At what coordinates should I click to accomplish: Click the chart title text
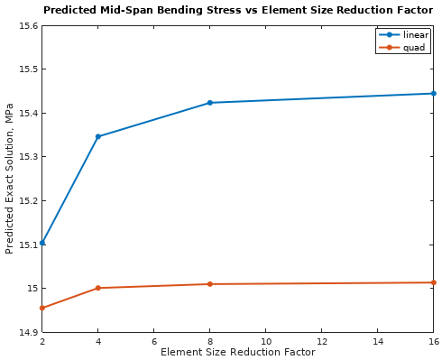[238, 11]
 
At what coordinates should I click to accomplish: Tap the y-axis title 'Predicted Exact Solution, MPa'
[10, 179]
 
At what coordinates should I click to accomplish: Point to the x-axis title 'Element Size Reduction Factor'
[238, 352]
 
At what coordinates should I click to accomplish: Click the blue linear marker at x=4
[98, 136]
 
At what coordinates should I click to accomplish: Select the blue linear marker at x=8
[210, 103]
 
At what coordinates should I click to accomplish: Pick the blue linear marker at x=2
[42, 243]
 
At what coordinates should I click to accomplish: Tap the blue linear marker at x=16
[433, 93]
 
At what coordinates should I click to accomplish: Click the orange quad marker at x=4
[98, 288]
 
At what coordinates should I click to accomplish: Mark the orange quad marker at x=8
[210, 284]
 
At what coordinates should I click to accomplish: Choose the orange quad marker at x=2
[42, 308]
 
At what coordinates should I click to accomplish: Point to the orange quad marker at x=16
[433, 282]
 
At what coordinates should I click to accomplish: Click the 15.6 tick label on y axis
[27, 25]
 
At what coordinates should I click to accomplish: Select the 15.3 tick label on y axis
[27, 157]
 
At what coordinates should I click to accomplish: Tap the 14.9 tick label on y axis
[27, 332]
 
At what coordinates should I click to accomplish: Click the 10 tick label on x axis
[266, 341]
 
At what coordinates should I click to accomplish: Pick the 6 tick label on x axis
[154, 341]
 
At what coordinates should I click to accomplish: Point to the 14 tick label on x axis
[377, 341]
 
